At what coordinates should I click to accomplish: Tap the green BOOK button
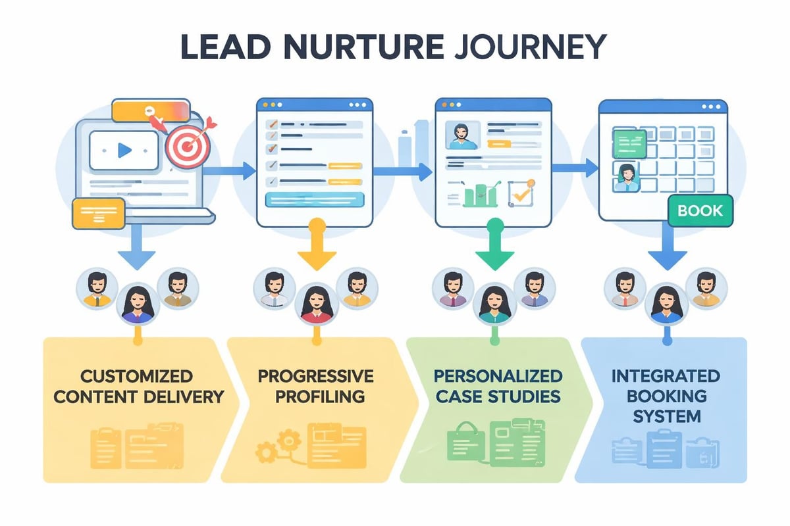pos(699,211)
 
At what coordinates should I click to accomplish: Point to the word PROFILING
pos(315,396)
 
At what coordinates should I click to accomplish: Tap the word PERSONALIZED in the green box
pos(498,376)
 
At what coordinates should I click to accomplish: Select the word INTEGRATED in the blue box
pos(664,376)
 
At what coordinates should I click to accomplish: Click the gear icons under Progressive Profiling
pos(271,448)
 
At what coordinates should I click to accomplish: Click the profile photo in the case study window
pos(462,135)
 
